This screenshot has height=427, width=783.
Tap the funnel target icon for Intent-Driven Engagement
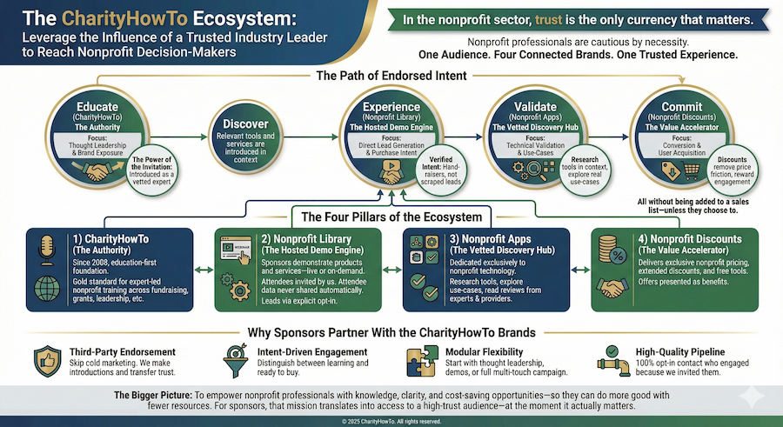tap(237, 358)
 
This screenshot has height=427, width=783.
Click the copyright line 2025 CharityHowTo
tap(391, 421)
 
